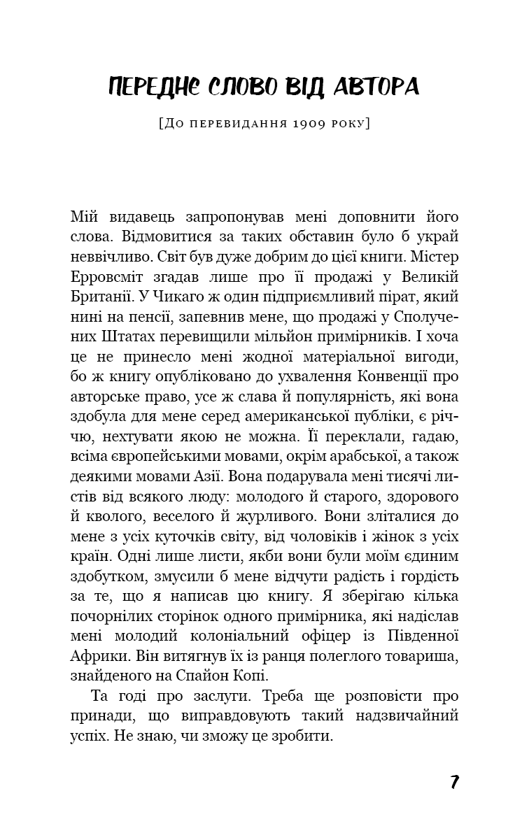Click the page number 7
pos(454,782)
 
